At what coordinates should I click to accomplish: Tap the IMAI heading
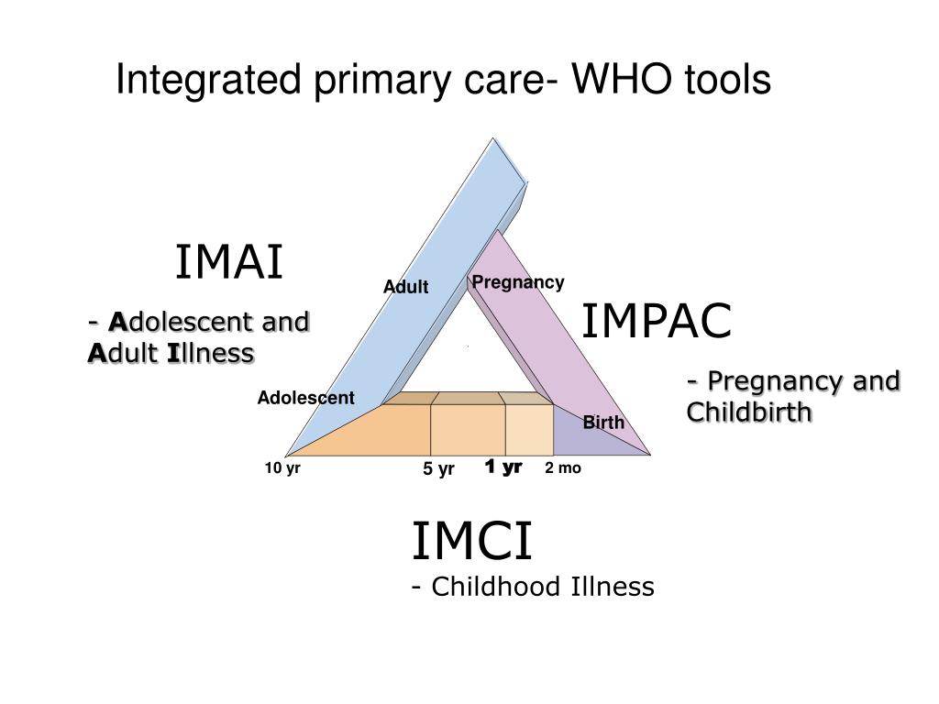[x=229, y=263]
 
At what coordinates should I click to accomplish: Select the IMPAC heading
[x=657, y=321]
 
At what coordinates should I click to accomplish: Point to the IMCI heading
[x=470, y=541]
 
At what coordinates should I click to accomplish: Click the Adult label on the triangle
[x=405, y=287]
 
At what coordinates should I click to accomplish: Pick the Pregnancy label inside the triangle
[x=518, y=282]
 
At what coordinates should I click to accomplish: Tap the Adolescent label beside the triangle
[x=305, y=398]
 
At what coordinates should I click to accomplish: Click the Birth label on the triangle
[x=603, y=423]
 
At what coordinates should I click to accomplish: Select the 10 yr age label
[x=282, y=468]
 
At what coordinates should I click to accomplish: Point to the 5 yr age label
[x=438, y=469]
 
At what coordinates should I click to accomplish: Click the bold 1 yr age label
[x=503, y=467]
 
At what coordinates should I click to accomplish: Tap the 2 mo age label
[x=562, y=468]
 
